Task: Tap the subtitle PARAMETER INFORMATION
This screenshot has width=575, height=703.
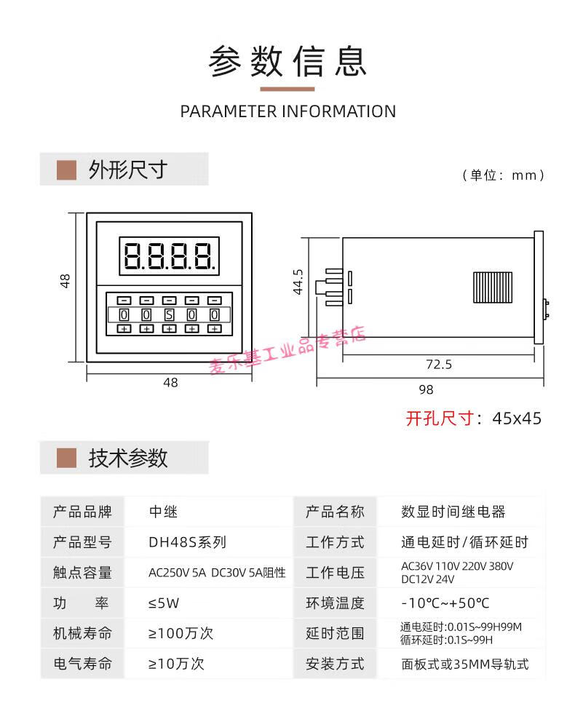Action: click(x=287, y=111)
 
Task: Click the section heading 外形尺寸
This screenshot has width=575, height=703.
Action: click(x=127, y=170)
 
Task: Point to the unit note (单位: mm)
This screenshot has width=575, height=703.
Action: click(x=503, y=175)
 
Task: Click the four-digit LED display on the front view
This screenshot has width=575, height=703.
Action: click(x=170, y=255)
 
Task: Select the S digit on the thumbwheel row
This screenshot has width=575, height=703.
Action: click(x=169, y=314)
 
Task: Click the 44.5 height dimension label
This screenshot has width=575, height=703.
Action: click(x=297, y=282)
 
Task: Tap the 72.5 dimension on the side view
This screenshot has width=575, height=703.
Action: click(x=438, y=364)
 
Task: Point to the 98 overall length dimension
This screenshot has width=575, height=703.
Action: click(x=426, y=389)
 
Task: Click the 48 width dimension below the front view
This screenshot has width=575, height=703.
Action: click(x=170, y=382)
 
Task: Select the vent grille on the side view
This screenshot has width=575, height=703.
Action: click(x=492, y=287)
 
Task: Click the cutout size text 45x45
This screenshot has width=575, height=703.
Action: click(x=517, y=418)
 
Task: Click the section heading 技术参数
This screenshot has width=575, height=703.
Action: click(x=128, y=458)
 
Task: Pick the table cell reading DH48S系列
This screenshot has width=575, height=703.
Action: click(x=187, y=542)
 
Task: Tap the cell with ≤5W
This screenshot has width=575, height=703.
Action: click(x=164, y=603)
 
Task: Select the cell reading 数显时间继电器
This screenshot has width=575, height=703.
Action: click(x=453, y=512)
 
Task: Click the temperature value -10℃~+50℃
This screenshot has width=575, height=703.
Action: click(x=445, y=603)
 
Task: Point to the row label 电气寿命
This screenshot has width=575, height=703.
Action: click(x=82, y=663)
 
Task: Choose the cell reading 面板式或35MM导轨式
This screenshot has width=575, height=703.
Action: click(x=464, y=663)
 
